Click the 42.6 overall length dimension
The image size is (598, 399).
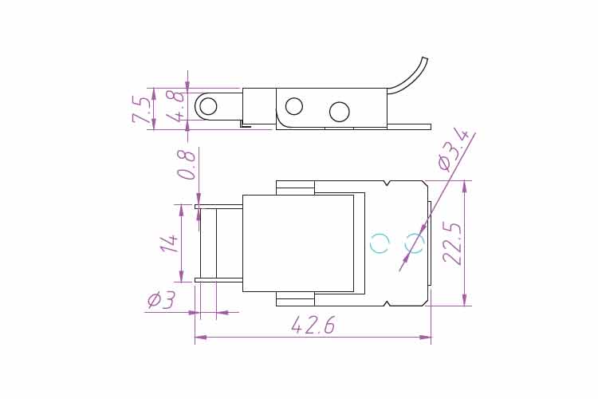click(313, 325)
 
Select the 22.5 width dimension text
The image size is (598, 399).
click(453, 244)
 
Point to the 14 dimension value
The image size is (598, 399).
click(169, 243)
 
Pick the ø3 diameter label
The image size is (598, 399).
click(161, 300)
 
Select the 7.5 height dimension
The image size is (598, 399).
click(141, 110)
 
